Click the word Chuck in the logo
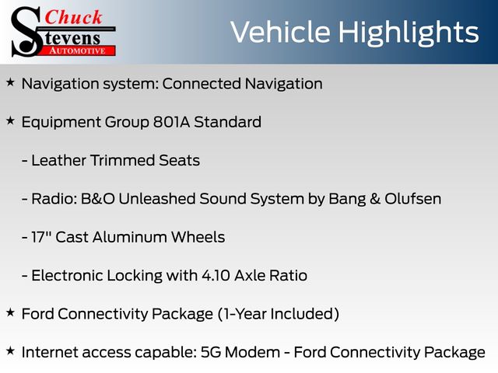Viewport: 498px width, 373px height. pyautogui.click(x=73, y=17)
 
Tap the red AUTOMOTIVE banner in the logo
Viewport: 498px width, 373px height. pyautogui.click(x=78, y=51)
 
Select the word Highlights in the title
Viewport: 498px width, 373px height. pyautogui.click(x=408, y=33)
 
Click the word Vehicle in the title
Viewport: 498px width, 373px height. pyautogui.click(x=280, y=32)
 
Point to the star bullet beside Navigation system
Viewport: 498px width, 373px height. pyautogui.click(x=10, y=82)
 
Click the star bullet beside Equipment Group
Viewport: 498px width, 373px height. pyautogui.click(x=10, y=120)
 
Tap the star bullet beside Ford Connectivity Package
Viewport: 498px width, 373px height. pyautogui.click(x=10, y=312)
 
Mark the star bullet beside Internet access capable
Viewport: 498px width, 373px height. pyautogui.click(x=10, y=350)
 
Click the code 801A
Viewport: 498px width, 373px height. pyautogui.click(x=171, y=122)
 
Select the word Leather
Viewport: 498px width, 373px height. pyautogui.click(x=59, y=160)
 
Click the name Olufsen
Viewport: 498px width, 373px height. pyautogui.click(x=413, y=199)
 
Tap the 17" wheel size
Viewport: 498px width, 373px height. pyautogui.click(x=41, y=237)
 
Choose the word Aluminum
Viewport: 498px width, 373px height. pyautogui.click(x=130, y=237)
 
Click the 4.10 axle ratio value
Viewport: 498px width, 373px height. pyautogui.click(x=216, y=275)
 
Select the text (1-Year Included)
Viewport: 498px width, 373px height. pyautogui.click(x=279, y=314)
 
